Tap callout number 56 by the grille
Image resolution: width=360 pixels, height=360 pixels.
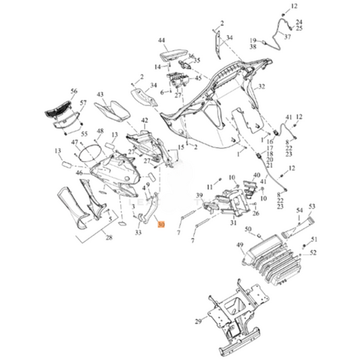[74, 91]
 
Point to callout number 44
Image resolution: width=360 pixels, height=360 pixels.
[161, 41]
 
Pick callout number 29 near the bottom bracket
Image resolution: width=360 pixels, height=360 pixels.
[197, 321]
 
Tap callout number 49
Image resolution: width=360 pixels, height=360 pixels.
[240, 245]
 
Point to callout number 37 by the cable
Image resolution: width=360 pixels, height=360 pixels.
[287, 37]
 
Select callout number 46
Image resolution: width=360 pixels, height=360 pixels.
[79, 174]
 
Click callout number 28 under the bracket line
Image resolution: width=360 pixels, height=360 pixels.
[109, 238]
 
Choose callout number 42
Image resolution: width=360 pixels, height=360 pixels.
[144, 121]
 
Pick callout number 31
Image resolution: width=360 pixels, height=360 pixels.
[232, 222]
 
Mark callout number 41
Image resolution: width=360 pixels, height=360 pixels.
[288, 117]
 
